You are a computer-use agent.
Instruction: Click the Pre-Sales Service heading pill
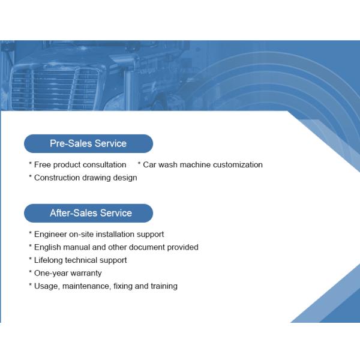tap(88, 144)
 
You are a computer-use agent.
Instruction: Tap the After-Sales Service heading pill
tap(88, 213)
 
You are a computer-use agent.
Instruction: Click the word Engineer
tap(52, 234)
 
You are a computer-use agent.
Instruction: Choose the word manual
tap(79, 247)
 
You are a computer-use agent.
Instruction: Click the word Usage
tap(46, 286)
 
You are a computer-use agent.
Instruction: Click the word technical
tap(85, 260)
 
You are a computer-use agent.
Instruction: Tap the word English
tap(49, 247)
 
